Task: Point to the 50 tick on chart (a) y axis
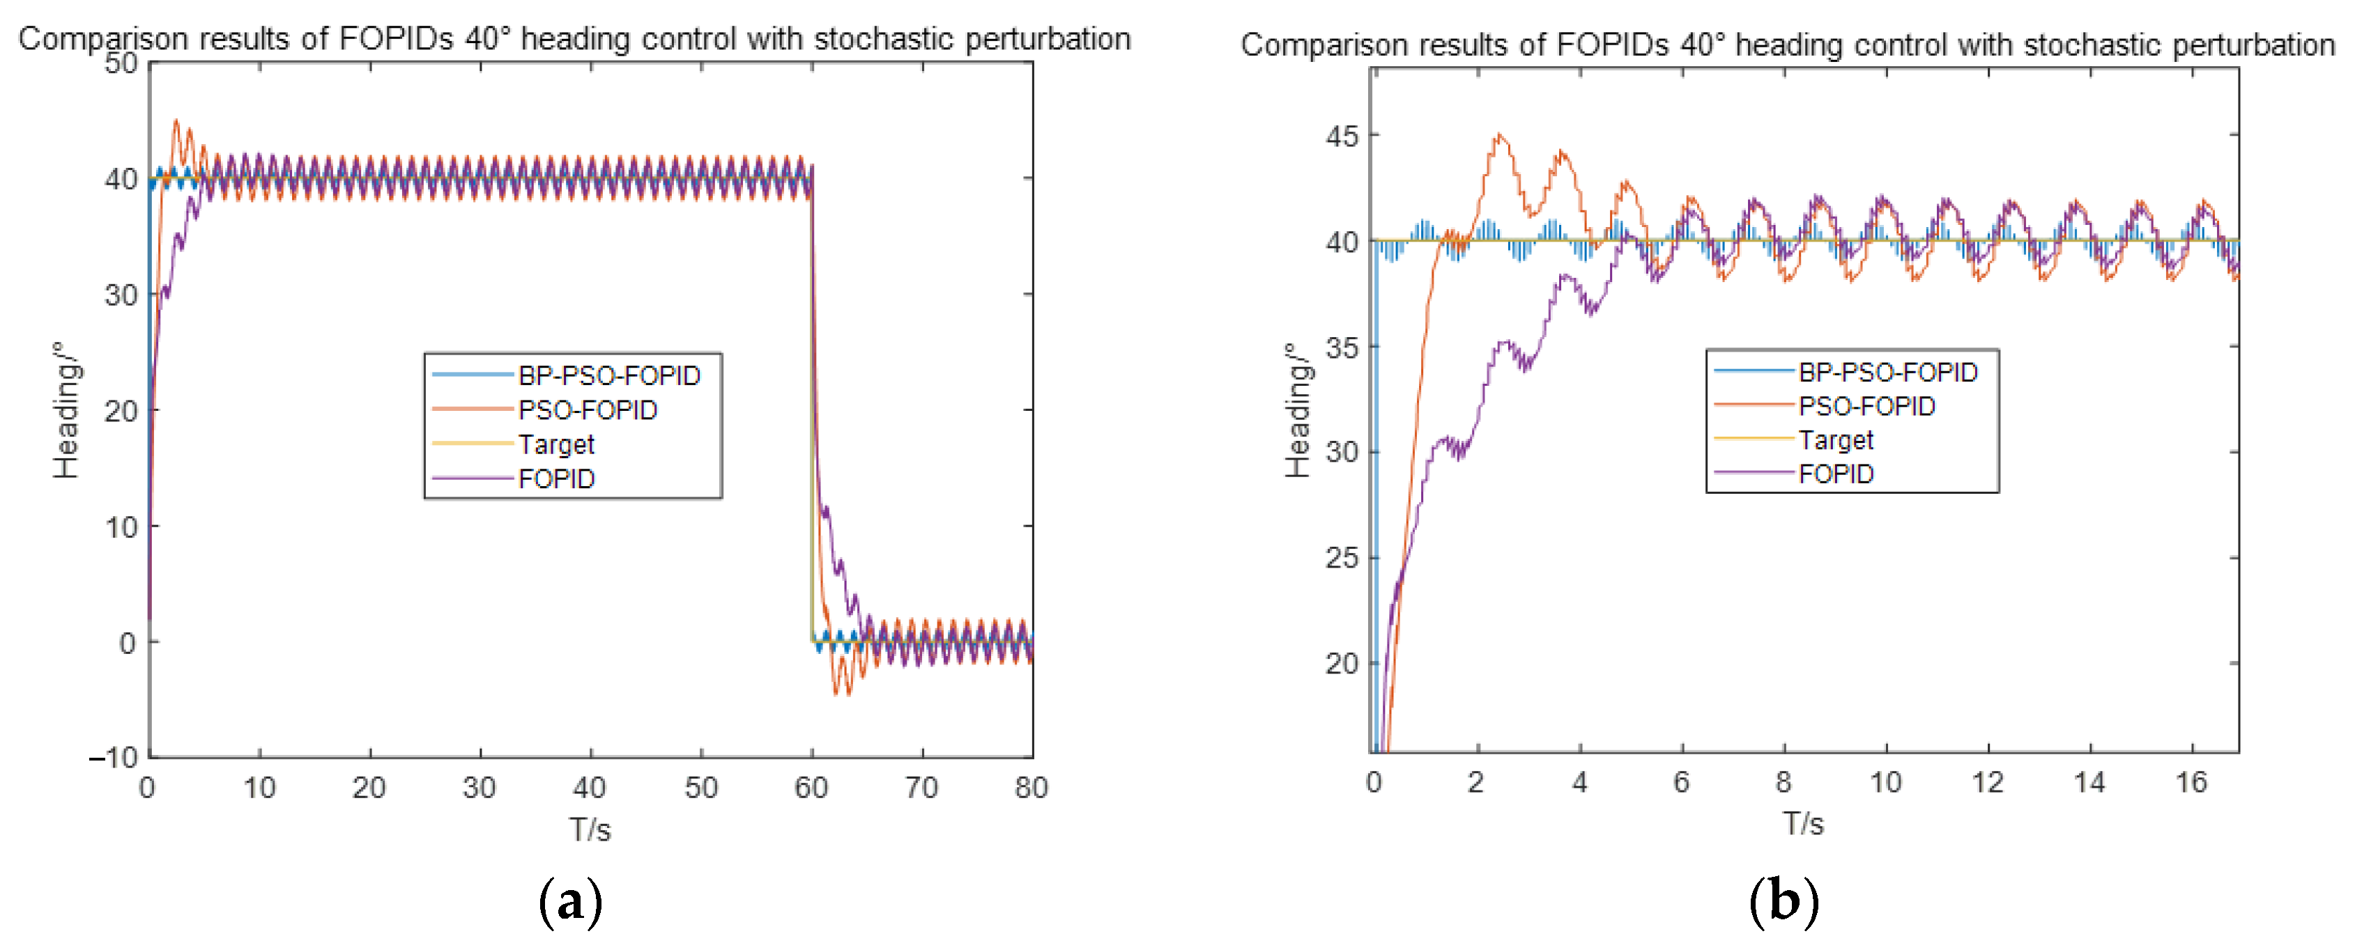coord(121,64)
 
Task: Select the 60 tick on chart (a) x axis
coord(811,788)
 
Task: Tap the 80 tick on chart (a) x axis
coord(1031,788)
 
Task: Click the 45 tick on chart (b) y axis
coord(1341,136)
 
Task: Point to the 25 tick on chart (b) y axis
coord(1341,557)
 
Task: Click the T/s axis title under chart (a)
coord(590,829)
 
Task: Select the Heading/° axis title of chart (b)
coord(1297,410)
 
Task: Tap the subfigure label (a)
coord(571,903)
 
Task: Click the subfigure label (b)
coord(1783,903)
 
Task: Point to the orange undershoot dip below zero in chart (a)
coord(836,694)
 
